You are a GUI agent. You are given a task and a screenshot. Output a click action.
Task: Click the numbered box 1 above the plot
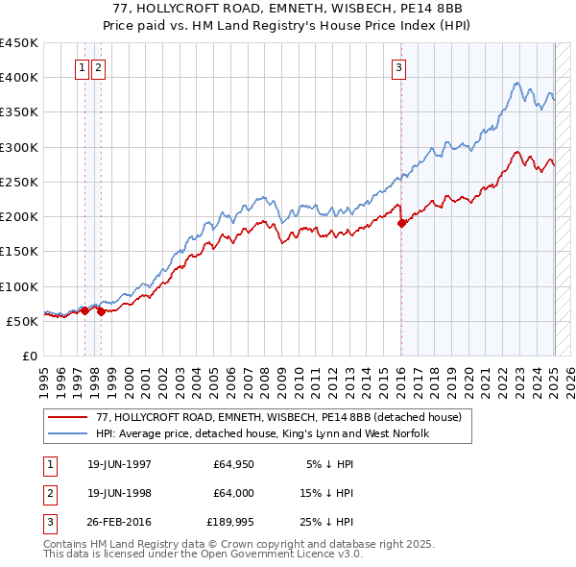point(83,67)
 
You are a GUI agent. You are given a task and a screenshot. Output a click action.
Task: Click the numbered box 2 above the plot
point(100,67)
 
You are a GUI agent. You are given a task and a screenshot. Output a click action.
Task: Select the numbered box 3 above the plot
point(398,67)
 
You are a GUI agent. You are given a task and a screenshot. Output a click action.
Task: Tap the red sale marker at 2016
point(401,223)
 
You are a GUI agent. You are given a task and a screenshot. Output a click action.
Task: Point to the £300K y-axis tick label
point(19,147)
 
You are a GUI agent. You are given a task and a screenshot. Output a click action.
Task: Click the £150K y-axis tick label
point(19,251)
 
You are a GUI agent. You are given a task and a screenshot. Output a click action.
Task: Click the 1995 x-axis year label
point(44,377)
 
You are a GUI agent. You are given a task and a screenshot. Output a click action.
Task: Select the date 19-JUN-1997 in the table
point(119,464)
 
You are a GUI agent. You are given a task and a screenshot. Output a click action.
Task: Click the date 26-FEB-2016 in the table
point(119,522)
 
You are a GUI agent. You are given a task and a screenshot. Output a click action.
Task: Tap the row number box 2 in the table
point(48,493)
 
